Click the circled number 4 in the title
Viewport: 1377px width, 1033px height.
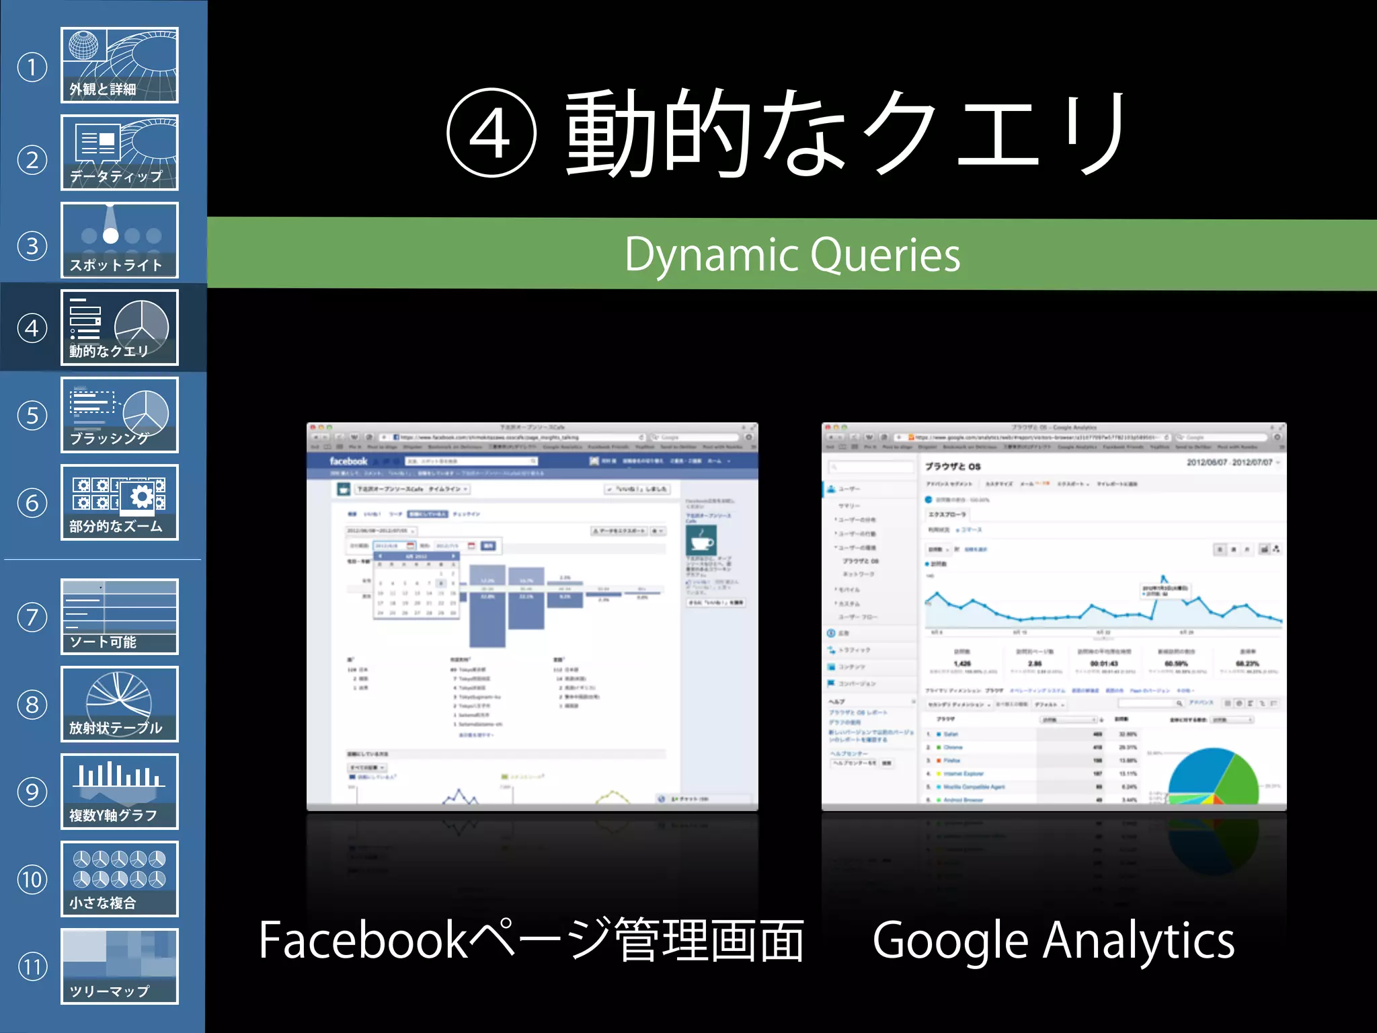coord(491,132)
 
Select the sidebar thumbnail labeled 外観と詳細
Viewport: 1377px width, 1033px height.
coord(120,65)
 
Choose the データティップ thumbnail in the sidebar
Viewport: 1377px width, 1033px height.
coord(120,153)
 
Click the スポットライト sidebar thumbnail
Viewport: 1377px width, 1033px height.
coord(120,240)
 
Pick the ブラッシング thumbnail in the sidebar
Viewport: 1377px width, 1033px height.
coord(120,415)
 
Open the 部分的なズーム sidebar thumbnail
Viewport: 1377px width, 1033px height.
coord(120,502)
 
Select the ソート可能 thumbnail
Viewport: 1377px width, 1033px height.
coord(120,617)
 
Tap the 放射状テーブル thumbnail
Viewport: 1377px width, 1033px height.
coord(120,704)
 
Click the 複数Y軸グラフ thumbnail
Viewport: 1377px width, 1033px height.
coord(120,792)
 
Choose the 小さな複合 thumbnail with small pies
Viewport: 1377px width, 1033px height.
coord(120,879)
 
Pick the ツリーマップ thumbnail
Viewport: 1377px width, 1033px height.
coord(120,966)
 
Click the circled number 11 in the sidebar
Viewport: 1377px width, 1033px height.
coord(32,967)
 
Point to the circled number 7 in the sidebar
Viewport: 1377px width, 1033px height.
coord(32,617)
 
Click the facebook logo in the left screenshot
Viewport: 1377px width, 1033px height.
coord(348,461)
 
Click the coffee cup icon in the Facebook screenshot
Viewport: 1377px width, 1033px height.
coord(701,539)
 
